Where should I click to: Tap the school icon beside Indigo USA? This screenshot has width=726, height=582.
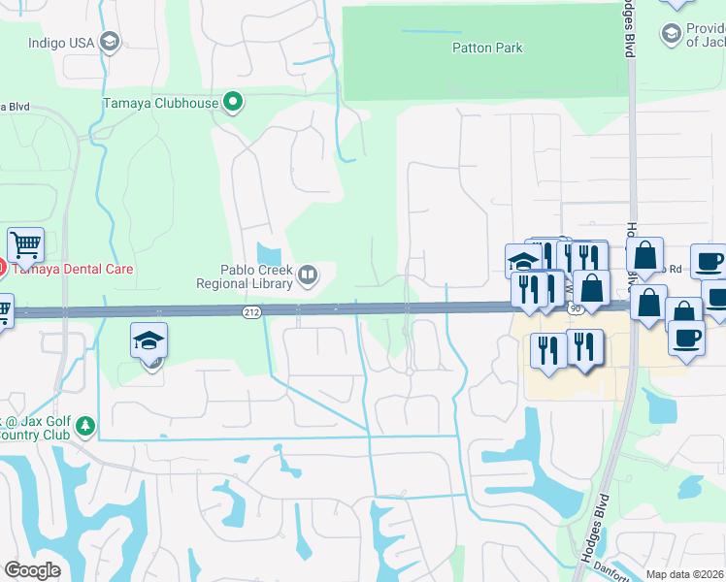pyautogui.click(x=110, y=41)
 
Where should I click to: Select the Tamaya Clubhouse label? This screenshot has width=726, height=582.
pyautogui.click(x=160, y=103)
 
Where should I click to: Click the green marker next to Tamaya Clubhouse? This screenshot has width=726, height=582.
pyautogui.click(x=232, y=102)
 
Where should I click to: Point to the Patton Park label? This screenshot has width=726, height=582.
pyautogui.click(x=487, y=48)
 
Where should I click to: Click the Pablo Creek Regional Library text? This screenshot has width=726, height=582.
pyautogui.click(x=245, y=277)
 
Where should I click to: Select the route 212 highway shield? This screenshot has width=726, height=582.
pyautogui.click(x=249, y=311)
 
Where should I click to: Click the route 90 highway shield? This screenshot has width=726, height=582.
pyautogui.click(x=575, y=308)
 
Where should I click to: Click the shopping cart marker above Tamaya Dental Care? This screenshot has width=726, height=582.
pyautogui.click(x=25, y=245)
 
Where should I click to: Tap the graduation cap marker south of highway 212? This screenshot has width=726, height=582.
pyautogui.click(x=149, y=340)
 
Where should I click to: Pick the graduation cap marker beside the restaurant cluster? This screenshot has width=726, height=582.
pyautogui.click(x=523, y=261)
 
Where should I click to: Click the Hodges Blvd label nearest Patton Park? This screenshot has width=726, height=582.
pyautogui.click(x=629, y=29)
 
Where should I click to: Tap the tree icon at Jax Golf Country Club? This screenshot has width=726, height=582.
pyautogui.click(x=86, y=425)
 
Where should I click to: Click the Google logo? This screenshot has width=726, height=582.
pyautogui.click(x=33, y=569)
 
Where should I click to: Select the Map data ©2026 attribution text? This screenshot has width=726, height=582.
pyautogui.click(x=684, y=574)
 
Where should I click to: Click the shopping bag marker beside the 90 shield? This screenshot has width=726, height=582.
pyautogui.click(x=591, y=289)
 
